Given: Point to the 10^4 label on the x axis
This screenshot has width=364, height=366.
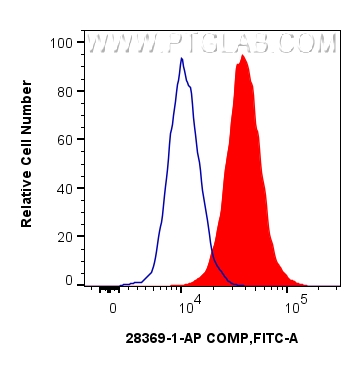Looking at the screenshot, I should tap(190, 302).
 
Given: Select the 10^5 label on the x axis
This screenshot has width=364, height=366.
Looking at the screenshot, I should tap(293, 302).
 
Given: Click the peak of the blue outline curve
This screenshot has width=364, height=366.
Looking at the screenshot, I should tap(182, 58).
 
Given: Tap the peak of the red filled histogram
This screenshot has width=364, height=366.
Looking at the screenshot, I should tap(242, 55).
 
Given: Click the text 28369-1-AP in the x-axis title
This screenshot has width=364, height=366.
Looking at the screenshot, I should tap(165, 338).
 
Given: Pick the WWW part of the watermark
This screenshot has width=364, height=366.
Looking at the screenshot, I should tap(122, 44).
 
